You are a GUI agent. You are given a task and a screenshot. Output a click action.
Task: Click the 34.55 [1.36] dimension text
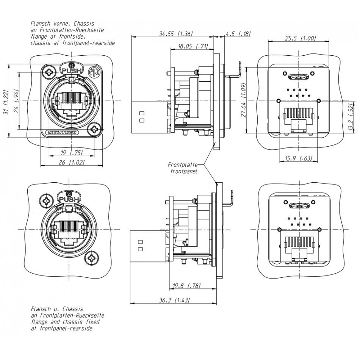point(176,34)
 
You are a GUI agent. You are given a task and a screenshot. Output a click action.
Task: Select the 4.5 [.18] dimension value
point(238,34)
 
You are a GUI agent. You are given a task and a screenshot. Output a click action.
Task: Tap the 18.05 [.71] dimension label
point(193,46)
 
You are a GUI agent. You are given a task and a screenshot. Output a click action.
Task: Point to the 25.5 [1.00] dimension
point(301,38)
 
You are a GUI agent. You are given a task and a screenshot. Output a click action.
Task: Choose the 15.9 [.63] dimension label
point(299,158)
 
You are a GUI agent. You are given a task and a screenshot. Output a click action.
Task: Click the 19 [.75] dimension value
point(72,153)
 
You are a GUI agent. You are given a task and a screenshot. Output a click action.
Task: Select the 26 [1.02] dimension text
point(72,162)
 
